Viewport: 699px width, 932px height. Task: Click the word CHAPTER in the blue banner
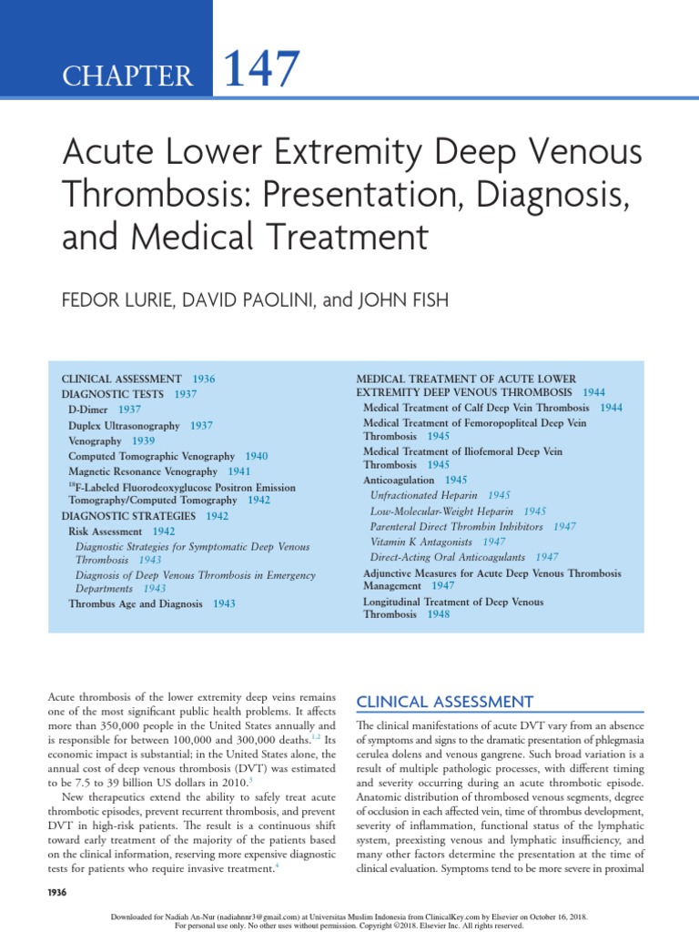click(127, 76)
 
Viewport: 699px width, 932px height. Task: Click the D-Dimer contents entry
click(87, 410)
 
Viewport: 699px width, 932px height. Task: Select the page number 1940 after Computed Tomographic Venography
click(257, 455)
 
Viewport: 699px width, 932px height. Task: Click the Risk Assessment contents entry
click(106, 531)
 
